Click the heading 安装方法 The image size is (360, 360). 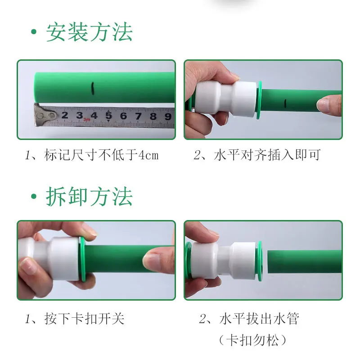pos(89,33)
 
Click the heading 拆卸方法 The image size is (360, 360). pos(89,197)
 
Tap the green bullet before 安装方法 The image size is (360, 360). pos(33,33)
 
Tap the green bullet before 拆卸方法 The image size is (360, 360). pos(33,197)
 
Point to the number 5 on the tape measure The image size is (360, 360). pos(108,116)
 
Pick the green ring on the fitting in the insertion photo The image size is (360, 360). pos(260,101)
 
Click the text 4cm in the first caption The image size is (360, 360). pos(148,156)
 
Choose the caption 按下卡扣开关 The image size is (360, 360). pos(85,319)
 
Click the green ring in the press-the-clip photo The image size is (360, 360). pos(83,260)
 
